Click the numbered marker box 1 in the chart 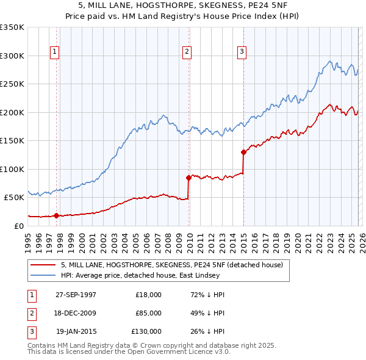coord(55,52)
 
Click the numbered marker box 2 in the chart coord(187,52)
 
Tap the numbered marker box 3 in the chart coord(242,52)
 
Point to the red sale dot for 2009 coord(188,178)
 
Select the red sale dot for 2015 coord(243,152)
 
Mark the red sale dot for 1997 coord(57,215)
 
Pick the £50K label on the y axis coord(15,198)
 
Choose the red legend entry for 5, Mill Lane coord(171,265)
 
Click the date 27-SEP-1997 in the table coord(76,295)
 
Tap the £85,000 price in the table coord(148,313)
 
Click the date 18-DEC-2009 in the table coord(76,313)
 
